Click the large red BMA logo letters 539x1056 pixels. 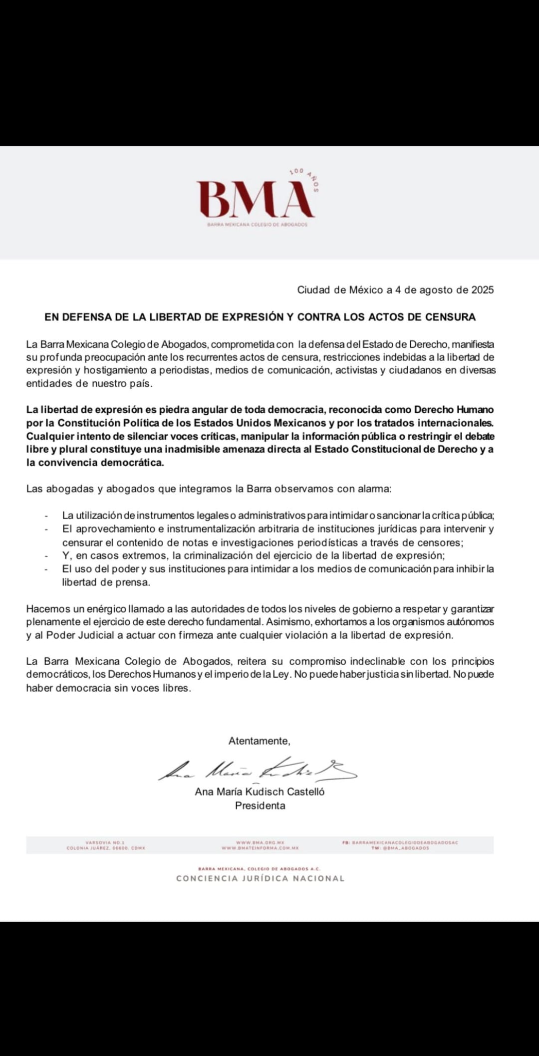coord(256,200)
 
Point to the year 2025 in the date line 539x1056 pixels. coord(482,290)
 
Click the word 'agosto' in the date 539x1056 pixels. coord(436,290)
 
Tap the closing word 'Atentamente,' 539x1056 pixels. coord(259,741)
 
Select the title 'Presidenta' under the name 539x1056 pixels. coord(260,806)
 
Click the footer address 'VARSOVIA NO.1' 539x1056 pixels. coord(105,842)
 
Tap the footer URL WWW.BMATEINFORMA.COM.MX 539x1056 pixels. coord(260,848)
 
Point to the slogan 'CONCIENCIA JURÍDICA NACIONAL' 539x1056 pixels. coord(260,879)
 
